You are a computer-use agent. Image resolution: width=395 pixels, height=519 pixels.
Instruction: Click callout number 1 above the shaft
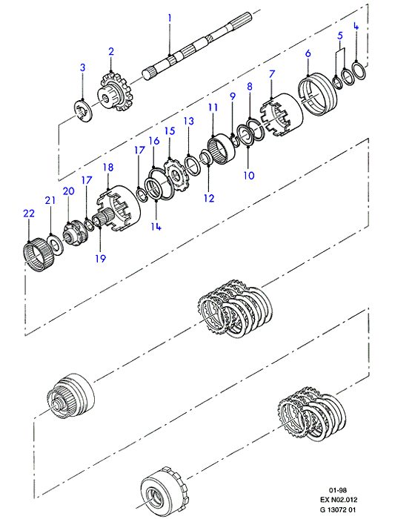click(x=170, y=18)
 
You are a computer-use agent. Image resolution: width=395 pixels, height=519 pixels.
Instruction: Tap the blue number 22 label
click(x=29, y=214)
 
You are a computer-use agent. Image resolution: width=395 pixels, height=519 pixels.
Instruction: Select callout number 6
click(x=308, y=53)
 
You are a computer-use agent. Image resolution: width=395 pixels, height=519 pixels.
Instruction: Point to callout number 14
click(x=156, y=226)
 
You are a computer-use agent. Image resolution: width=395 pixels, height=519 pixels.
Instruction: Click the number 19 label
click(x=100, y=258)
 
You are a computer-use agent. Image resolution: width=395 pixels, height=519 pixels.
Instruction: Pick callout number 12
click(x=209, y=198)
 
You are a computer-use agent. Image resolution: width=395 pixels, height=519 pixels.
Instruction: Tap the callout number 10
click(x=249, y=175)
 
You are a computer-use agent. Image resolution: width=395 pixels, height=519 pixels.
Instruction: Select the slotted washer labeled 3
click(x=83, y=110)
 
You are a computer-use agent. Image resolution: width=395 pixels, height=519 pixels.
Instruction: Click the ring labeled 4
click(x=359, y=70)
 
